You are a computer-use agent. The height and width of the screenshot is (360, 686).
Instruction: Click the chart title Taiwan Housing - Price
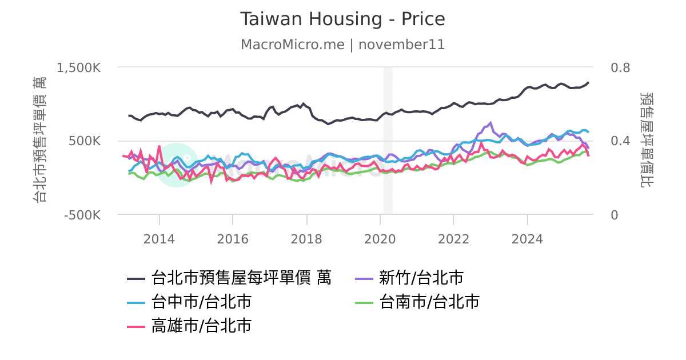click(x=342, y=19)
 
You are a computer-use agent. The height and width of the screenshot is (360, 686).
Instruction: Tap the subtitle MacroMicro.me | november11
click(x=342, y=45)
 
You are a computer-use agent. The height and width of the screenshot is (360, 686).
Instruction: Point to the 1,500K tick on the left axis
click(x=79, y=67)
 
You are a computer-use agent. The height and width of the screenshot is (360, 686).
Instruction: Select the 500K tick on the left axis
click(x=86, y=141)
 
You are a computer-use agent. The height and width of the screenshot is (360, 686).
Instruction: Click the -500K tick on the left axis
click(x=82, y=215)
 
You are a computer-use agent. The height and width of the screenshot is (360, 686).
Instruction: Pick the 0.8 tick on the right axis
click(x=620, y=67)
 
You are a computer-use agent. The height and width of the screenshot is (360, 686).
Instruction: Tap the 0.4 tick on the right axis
click(x=620, y=141)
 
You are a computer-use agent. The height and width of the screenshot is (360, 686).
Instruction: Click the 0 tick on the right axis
click(x=615, y=215)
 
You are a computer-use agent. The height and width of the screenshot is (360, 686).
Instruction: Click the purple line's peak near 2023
click(x=490, y=122)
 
